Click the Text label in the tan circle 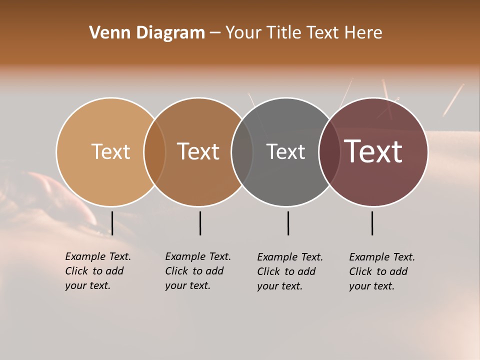(x=110, y=151)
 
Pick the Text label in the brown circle (x=198, y=151)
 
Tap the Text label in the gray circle (x=285, y=151)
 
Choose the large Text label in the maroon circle (x=373, y=151)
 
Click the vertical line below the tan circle (x=112, y=223)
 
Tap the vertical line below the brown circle (x=200, y=223)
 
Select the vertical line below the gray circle (x=288, y=223)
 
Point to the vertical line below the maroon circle (x=372, y=223)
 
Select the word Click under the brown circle (x=176, y=271)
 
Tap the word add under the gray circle (x=307, y=271)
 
